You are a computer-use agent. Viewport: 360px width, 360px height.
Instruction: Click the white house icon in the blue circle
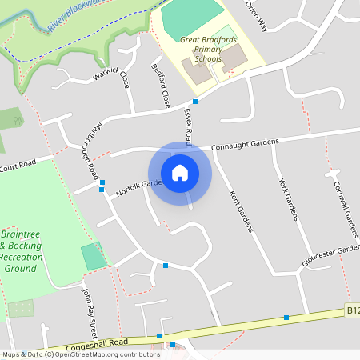(x=180, y=172)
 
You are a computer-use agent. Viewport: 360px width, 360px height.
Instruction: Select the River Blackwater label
(x=75, y=15)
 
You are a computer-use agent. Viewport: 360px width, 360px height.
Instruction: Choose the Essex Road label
(x=192, y=126)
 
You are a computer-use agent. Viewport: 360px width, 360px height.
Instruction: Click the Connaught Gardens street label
(x=245, y=145)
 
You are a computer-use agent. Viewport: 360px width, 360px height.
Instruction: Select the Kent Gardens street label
(x=241, y=211)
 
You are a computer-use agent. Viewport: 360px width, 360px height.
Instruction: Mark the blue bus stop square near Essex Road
(x=195, y=102)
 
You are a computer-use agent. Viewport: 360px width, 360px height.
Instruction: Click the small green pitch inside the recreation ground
(x=94, y=257)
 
